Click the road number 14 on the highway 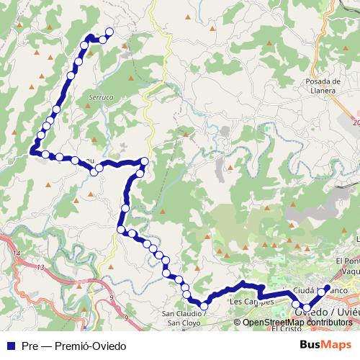(x=15, y=254)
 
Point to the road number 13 (x=41, y=267)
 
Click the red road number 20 (x=356, y=123)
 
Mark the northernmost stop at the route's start (x=109, y=32)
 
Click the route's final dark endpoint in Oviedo (x=327, y=288)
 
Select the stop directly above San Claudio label (x=204, y=306)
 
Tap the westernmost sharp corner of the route (x=32, y=151)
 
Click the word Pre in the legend (x=30, y=346)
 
